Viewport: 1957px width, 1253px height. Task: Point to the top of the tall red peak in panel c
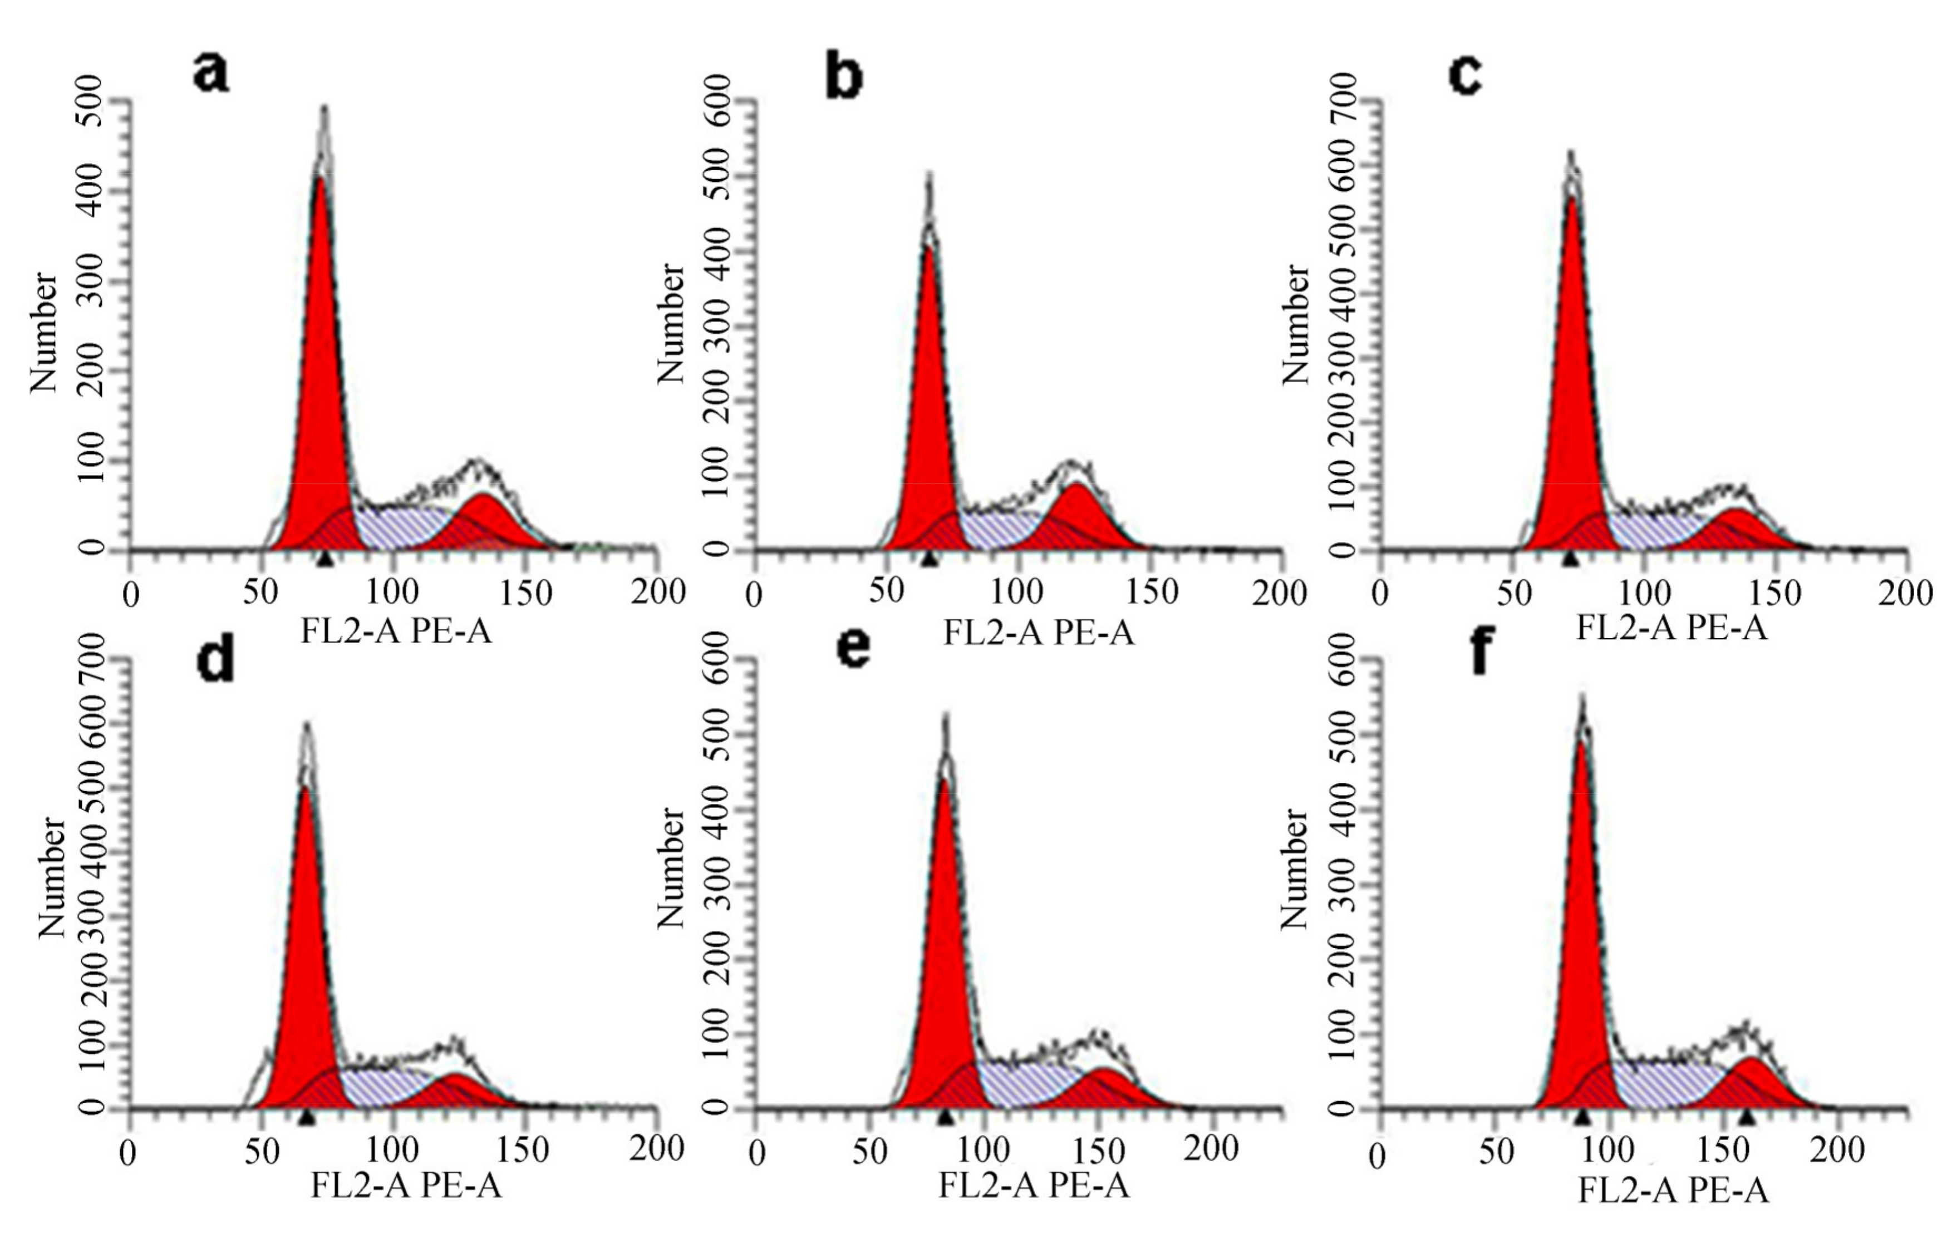(1572, 197)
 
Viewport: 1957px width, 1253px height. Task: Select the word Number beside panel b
(671, 324)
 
